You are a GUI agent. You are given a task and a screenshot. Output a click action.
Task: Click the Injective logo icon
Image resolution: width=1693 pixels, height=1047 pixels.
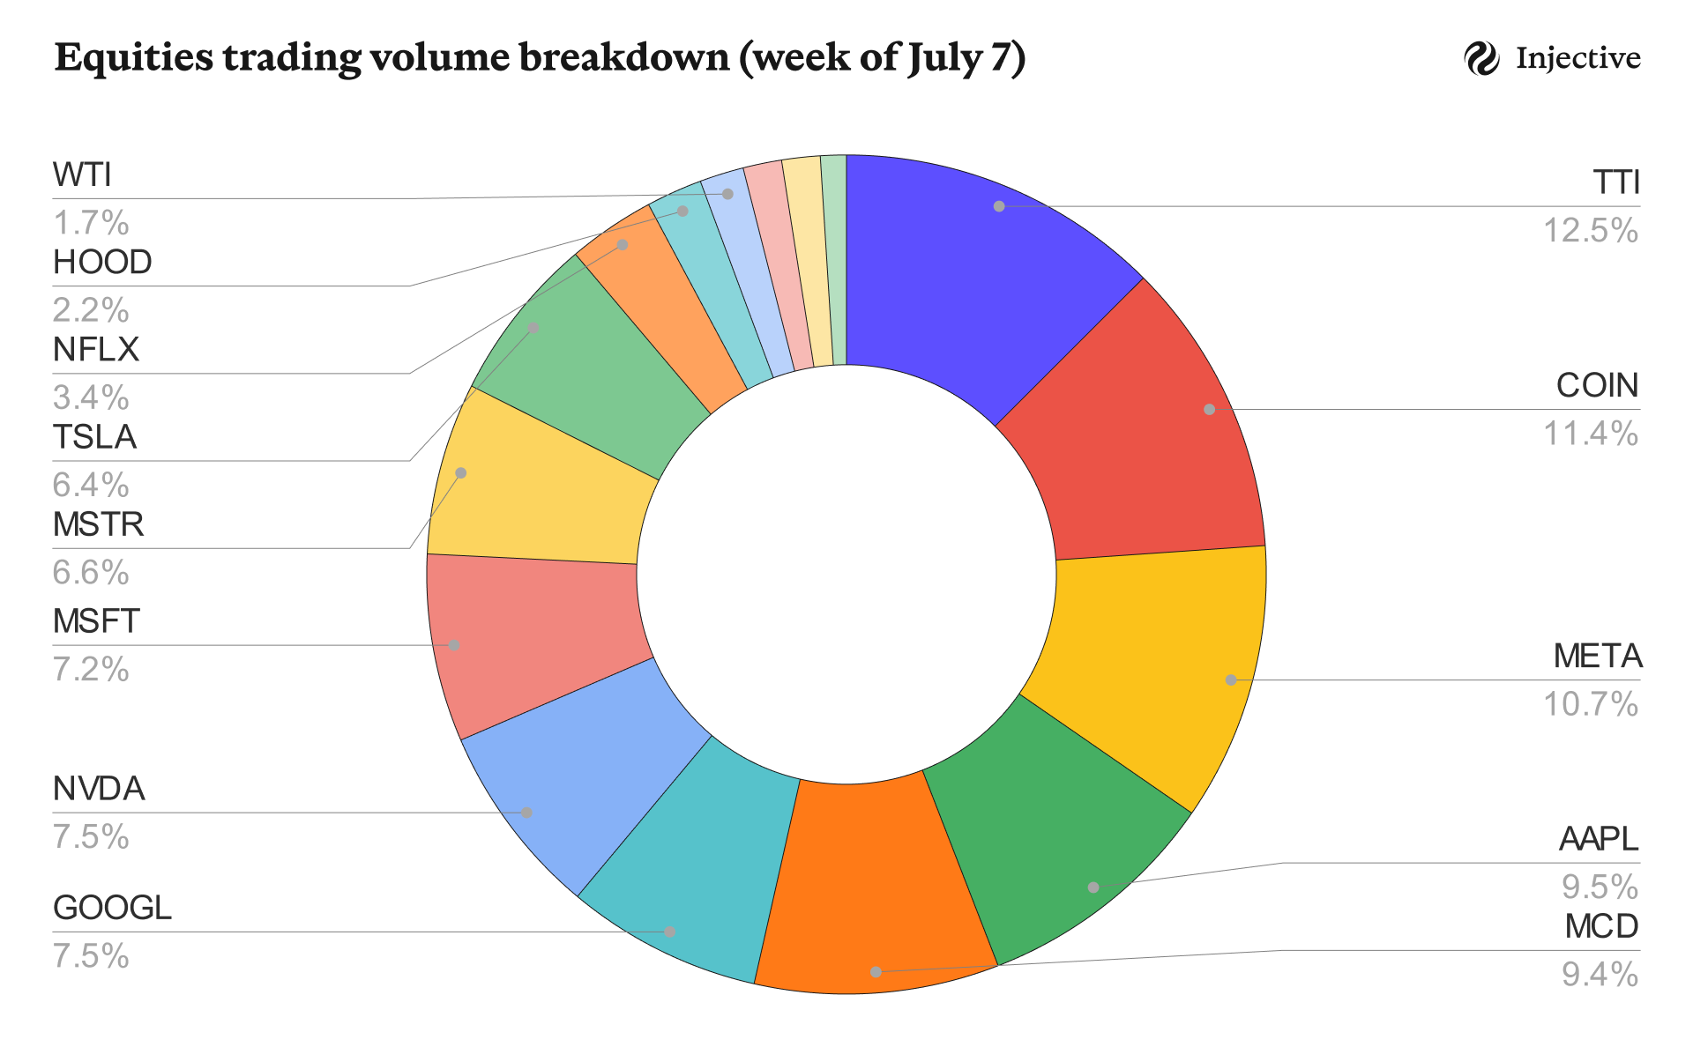point(1481,59)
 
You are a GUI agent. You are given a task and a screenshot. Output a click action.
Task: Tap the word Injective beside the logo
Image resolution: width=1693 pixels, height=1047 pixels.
point(1578,59)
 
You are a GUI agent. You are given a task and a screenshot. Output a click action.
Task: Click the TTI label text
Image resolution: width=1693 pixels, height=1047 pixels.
point(1615,182)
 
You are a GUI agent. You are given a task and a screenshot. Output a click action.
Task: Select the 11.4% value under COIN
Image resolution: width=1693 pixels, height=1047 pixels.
point(1590,434)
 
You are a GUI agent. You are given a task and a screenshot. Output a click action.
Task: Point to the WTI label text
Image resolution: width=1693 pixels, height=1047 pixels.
point(82,175)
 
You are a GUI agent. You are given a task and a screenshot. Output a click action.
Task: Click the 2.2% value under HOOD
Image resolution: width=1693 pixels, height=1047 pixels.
point(91,310)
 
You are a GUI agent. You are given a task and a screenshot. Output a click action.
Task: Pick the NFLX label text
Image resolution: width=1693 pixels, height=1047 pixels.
point(96,350)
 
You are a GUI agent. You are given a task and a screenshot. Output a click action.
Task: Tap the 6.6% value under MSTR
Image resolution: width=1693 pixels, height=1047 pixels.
point(91,573)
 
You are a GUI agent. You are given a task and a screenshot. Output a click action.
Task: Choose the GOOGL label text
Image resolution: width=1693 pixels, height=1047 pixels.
point(112,908)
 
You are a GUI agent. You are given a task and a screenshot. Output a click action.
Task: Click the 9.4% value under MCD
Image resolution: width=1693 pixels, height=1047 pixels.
point(1600,975)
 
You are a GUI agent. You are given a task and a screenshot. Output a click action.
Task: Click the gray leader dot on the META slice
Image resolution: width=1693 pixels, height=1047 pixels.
point(1230,679)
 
